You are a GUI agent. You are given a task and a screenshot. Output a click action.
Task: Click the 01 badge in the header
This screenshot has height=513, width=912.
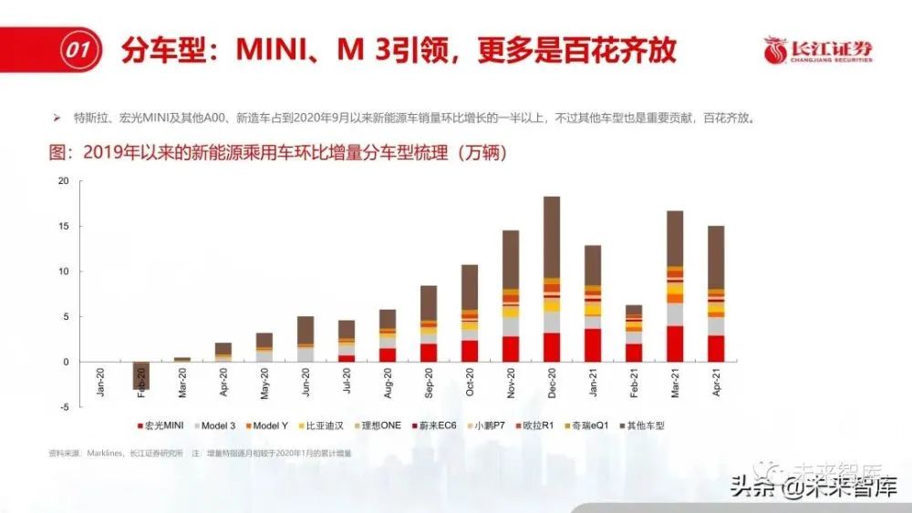click(79, 51)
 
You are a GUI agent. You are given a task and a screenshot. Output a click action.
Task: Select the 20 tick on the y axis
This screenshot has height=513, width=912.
click(63, 180)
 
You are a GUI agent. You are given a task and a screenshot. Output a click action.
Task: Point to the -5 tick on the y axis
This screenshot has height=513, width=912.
click(63, 407)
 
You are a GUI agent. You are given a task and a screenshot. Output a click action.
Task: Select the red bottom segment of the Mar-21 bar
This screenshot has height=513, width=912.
click(675, 344)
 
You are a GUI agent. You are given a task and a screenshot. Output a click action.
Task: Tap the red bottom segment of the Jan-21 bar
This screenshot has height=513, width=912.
click(593, 345)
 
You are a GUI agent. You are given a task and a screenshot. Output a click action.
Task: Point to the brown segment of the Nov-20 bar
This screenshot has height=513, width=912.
click(511, 260)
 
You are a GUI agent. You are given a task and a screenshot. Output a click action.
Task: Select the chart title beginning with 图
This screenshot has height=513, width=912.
click(274, 153)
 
